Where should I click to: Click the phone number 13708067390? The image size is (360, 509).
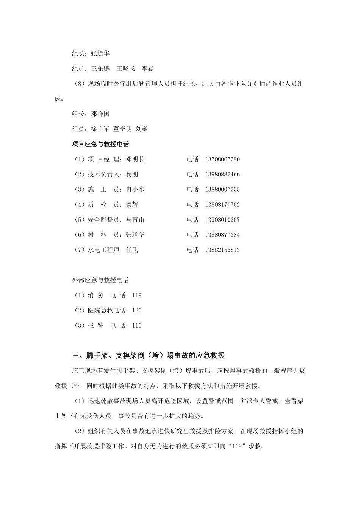point(222,159)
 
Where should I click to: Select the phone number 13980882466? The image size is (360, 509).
point(222,175)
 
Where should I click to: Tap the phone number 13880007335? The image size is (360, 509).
point(222,189)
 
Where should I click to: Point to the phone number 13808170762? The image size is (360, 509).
point(222,205)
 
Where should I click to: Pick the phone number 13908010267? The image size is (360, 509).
point(222,220)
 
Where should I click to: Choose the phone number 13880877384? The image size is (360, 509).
point(222,235)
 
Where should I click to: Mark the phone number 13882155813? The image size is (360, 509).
point(222,250)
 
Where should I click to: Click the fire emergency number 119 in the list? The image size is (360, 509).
point(137,295)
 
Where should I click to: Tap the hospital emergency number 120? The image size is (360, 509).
point(137,311)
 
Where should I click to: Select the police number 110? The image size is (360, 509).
point(137,325)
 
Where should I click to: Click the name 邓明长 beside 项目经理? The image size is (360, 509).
point(135,159)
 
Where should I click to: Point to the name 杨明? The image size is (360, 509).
point(132,175)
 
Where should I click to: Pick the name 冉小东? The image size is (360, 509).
point(135,189)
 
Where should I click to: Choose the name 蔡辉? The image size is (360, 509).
point(132,205)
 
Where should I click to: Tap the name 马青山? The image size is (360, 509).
point(135,220)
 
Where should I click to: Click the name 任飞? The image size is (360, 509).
point(132,250)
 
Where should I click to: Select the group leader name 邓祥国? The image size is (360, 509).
point(100,114)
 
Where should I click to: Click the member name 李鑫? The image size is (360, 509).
point(148,69)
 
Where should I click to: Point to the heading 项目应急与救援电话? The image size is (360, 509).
point(100,144)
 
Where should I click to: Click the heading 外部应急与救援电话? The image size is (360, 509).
point(100,280)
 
